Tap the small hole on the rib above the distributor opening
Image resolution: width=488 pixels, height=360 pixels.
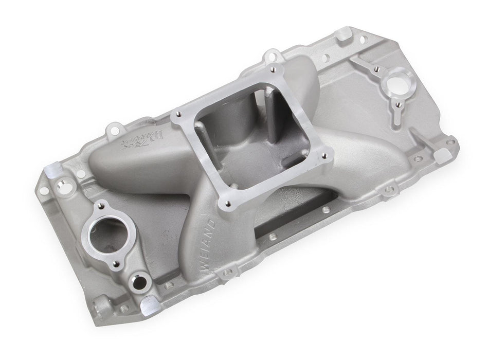pyautogui.click(x=377, y=68)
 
